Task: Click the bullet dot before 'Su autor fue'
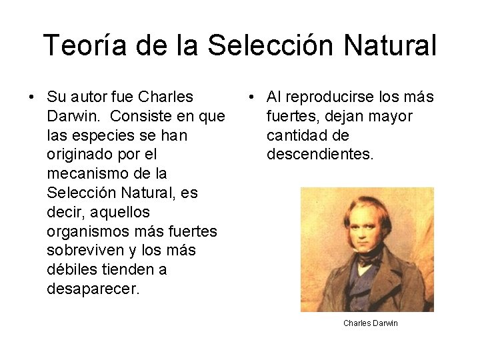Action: (31, 97)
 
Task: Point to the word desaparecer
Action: (89, 289)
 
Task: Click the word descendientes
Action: (320, 155)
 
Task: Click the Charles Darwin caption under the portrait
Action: (371, 323)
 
